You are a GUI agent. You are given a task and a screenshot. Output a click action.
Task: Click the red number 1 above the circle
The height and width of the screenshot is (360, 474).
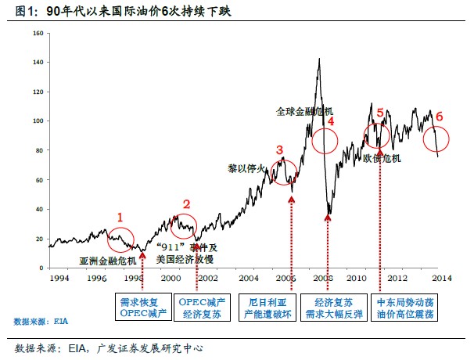point(120,216)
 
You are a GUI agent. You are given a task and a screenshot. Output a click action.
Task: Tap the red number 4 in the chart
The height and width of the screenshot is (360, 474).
point(330,121)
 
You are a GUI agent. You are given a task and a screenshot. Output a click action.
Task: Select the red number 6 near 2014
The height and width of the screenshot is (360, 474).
point(439,117)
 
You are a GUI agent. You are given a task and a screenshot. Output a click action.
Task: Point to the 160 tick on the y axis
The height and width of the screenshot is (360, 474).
point(38,34)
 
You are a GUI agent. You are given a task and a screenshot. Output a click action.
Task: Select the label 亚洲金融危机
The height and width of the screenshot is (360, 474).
point(107,259)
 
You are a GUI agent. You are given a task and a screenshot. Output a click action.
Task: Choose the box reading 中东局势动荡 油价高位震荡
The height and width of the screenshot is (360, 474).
point(405,308)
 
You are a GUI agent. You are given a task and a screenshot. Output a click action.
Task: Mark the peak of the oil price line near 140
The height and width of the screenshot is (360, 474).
point(319,59)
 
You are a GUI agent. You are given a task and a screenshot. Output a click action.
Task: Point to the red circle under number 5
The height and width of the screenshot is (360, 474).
point(376,137)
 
